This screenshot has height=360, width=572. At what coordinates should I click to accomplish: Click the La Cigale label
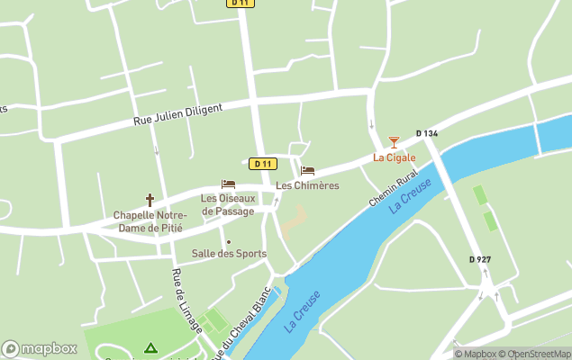click(x=395, y=157)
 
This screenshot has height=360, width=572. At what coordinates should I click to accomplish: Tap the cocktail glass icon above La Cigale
click(x=393, y=141)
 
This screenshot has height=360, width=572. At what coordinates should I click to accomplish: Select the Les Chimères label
click(x=307, y=185)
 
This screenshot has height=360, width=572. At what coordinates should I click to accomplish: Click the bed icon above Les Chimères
click(x=307, y=170)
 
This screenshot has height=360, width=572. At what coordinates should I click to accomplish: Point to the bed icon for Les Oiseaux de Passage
click(x=228, y=184)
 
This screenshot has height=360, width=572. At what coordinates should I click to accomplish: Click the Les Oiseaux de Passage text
click(x=228, y=204)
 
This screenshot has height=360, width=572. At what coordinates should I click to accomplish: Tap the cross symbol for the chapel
click(x=150, y=200)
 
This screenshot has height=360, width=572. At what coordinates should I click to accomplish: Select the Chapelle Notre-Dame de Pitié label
click(x=150, y=220)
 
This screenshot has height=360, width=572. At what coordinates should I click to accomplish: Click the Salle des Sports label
click(x=229, y=254)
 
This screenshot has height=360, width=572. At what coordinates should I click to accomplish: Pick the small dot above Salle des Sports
click(x=229, y=241)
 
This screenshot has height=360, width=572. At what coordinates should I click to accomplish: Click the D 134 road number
click(x=427, y=133)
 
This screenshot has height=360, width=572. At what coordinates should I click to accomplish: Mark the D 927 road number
click(x=480, y=259)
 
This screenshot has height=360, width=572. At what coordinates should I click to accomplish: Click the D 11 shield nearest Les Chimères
click(x=263, y=163)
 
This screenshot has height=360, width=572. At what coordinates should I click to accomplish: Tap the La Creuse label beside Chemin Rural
click(x=411, y=195)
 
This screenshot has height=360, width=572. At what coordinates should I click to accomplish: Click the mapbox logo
click(x=39, y=348)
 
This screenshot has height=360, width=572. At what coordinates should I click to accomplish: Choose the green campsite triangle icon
click(x=150, y=347)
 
